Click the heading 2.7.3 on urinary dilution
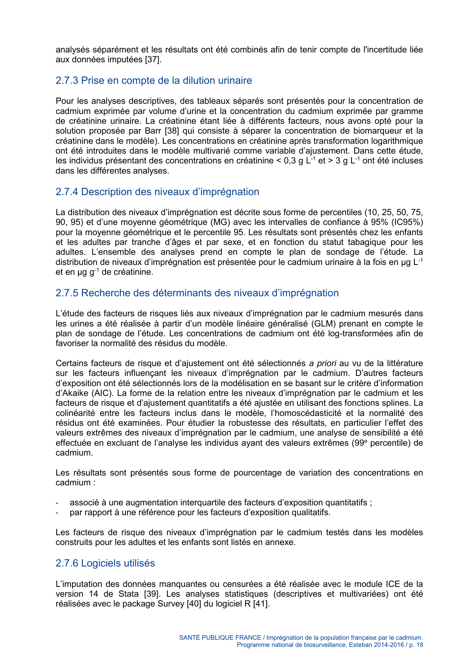153,80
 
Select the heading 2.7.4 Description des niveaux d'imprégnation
157,192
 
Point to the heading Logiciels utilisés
118,563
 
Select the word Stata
129,594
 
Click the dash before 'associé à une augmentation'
57,503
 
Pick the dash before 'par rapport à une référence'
57,513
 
